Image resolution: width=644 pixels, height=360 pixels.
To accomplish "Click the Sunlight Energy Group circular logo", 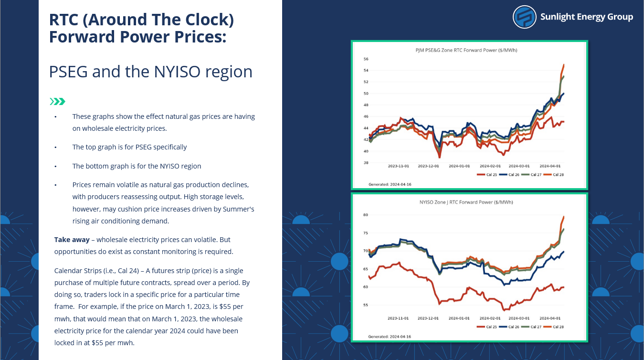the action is (524, 17).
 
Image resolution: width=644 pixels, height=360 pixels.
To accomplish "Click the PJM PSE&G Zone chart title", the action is (466, 50).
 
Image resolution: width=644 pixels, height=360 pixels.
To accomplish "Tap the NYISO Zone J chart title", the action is (466, 202).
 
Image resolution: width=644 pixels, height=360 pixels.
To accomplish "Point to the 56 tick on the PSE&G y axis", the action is (366, 59).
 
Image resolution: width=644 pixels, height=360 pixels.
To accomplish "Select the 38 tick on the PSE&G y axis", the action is (366, 162).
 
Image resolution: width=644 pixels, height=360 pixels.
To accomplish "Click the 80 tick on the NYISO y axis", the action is (365, 215).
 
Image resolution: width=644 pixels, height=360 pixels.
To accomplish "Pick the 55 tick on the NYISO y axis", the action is (365, 305).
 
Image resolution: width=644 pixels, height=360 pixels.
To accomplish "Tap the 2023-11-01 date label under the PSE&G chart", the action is (398, 166).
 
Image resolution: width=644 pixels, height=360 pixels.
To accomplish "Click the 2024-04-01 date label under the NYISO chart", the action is (550, 318).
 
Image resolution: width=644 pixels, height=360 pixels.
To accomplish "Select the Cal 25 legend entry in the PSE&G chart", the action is (487, 175).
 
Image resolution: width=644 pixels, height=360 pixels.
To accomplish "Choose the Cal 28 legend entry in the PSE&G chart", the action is (554, 175).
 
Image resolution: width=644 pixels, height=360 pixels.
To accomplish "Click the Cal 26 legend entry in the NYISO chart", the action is (509, 327).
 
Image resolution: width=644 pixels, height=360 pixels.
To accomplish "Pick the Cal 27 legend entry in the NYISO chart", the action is (531, 327).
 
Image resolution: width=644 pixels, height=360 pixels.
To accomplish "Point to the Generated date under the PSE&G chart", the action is (390, 184).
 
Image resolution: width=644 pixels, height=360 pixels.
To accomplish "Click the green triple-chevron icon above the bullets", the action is (57, 102).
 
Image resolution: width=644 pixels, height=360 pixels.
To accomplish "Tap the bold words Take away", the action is (72, 240).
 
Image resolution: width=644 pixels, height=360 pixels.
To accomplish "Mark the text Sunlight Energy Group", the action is (587, 17).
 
